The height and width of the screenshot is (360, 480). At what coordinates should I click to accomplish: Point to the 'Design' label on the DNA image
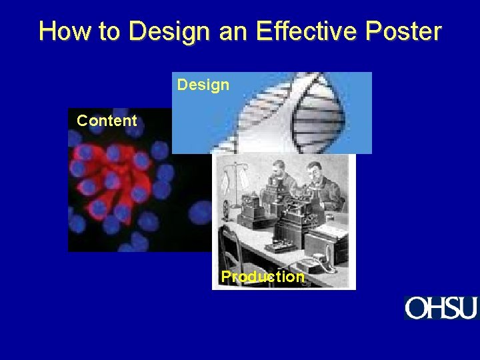[x=203, y=85]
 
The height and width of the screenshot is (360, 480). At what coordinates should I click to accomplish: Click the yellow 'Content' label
[x=107, y=121]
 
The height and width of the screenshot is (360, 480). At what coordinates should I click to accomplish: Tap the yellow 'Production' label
[x=263, y=277]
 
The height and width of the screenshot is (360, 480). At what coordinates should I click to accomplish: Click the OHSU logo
[x=441, y=308]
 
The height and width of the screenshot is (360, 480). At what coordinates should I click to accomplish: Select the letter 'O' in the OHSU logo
[x=416, y=308]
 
